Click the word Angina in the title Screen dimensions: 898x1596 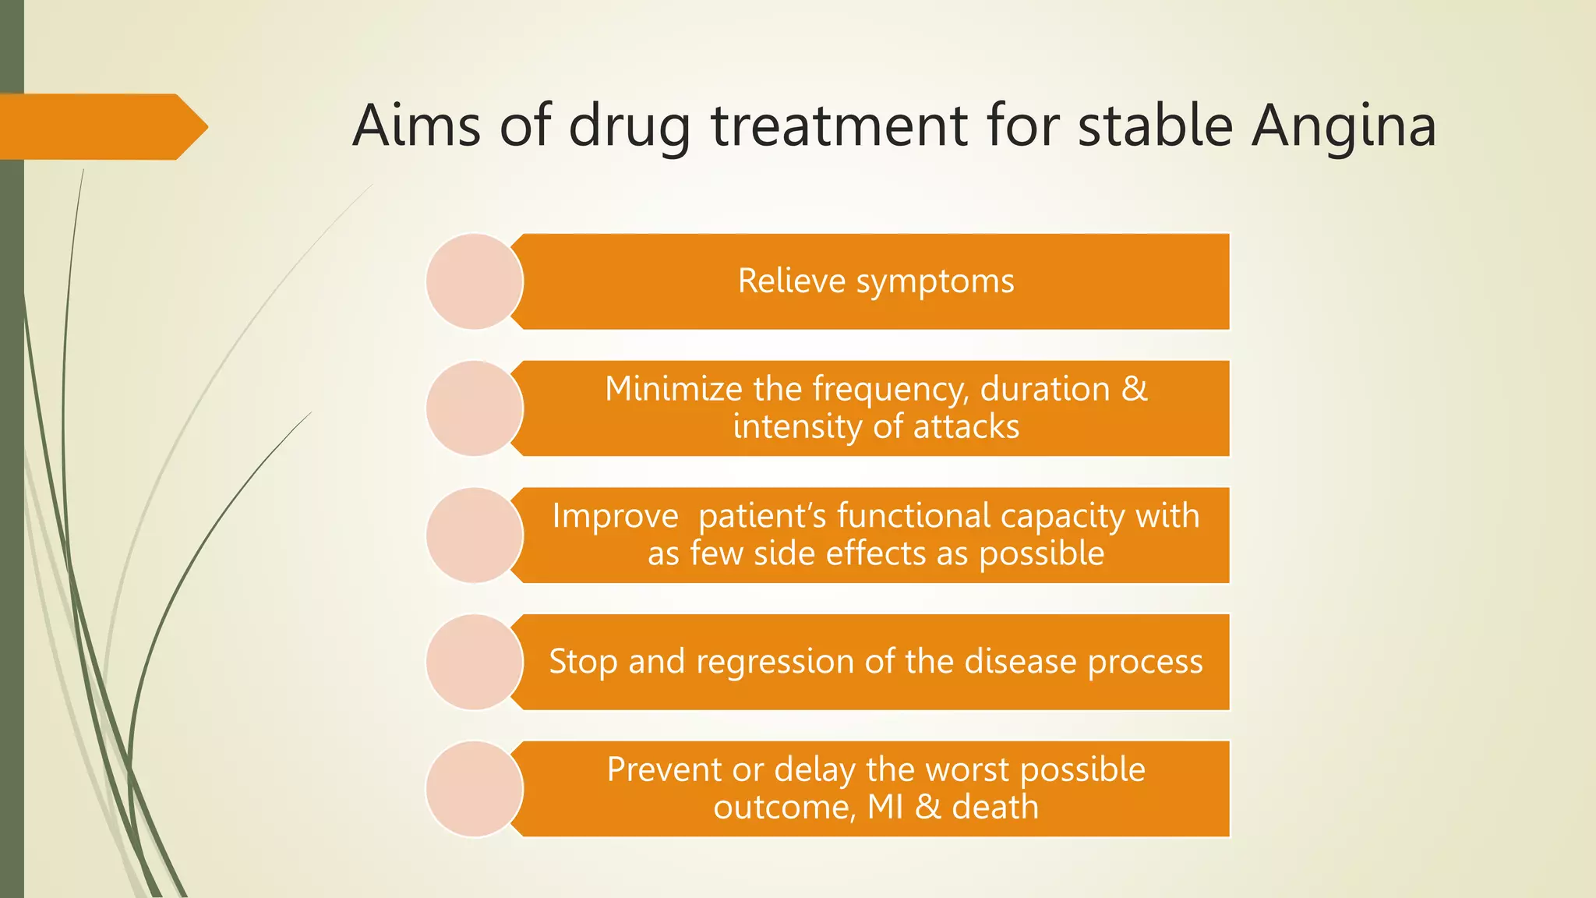[1344, 126]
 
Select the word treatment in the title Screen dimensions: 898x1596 [839, 126]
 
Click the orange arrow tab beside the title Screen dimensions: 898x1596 [101, 127]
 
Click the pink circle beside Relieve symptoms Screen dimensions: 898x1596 [474, 281]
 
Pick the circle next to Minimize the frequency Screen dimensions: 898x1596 [474, 408]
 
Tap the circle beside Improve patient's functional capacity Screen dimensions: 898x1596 [474, 536]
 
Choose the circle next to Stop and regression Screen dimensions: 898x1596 [474, 662]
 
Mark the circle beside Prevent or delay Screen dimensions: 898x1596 [474, 789]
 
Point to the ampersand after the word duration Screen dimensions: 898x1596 [1135, 389]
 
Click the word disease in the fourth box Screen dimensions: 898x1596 [1020, 662]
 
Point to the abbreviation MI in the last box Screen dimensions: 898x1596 [885, 807]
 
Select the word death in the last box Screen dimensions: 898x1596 [995, 807]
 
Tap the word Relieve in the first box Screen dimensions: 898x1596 [791, 281]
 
